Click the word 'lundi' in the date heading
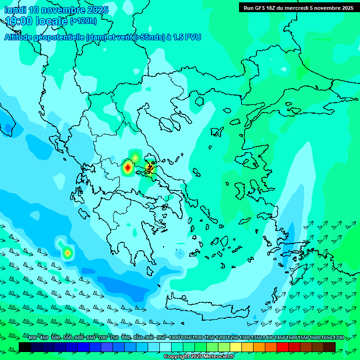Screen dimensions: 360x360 click(x=15, y=10)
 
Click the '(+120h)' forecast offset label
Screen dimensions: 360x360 click(x=83, y=21)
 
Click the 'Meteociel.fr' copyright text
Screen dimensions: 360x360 click(x=216, y=357)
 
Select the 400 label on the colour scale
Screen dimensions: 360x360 click(x=32, y=338)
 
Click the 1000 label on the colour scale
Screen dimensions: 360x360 click(x=174, y=338)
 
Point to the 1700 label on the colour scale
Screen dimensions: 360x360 click(x=338, y=338)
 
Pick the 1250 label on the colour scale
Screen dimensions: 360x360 click(x=233, y=338)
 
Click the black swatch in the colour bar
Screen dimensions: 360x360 click(x=25, y=347)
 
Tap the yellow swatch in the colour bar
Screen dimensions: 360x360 click(x=236, y=347)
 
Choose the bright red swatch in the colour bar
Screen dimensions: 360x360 click(x=283, y=347)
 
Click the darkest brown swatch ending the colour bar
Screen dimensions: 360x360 click(x=330, y=347)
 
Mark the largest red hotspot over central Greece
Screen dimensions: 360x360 click(x=127, y=167)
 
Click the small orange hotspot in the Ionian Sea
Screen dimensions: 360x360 click(x=68, y=253)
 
